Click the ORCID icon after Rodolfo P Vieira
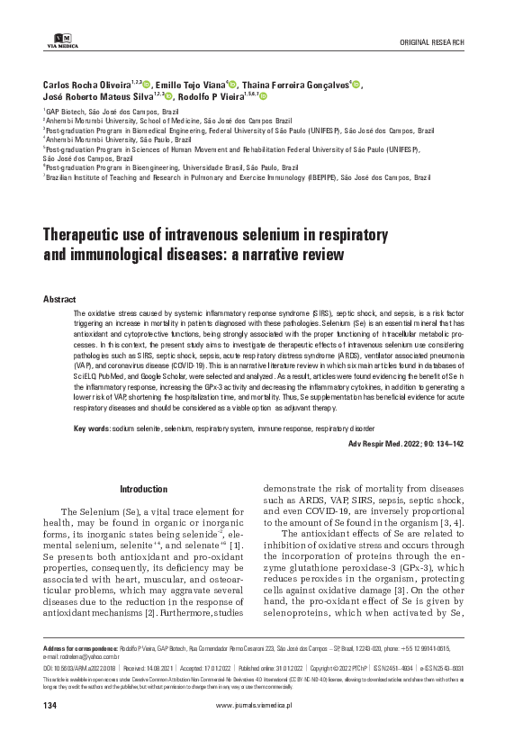click(x=264, y=96)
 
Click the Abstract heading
click(x=59, y=298)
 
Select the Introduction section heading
click(x=144, y=489)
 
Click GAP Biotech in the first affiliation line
click(x=67, y=112)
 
